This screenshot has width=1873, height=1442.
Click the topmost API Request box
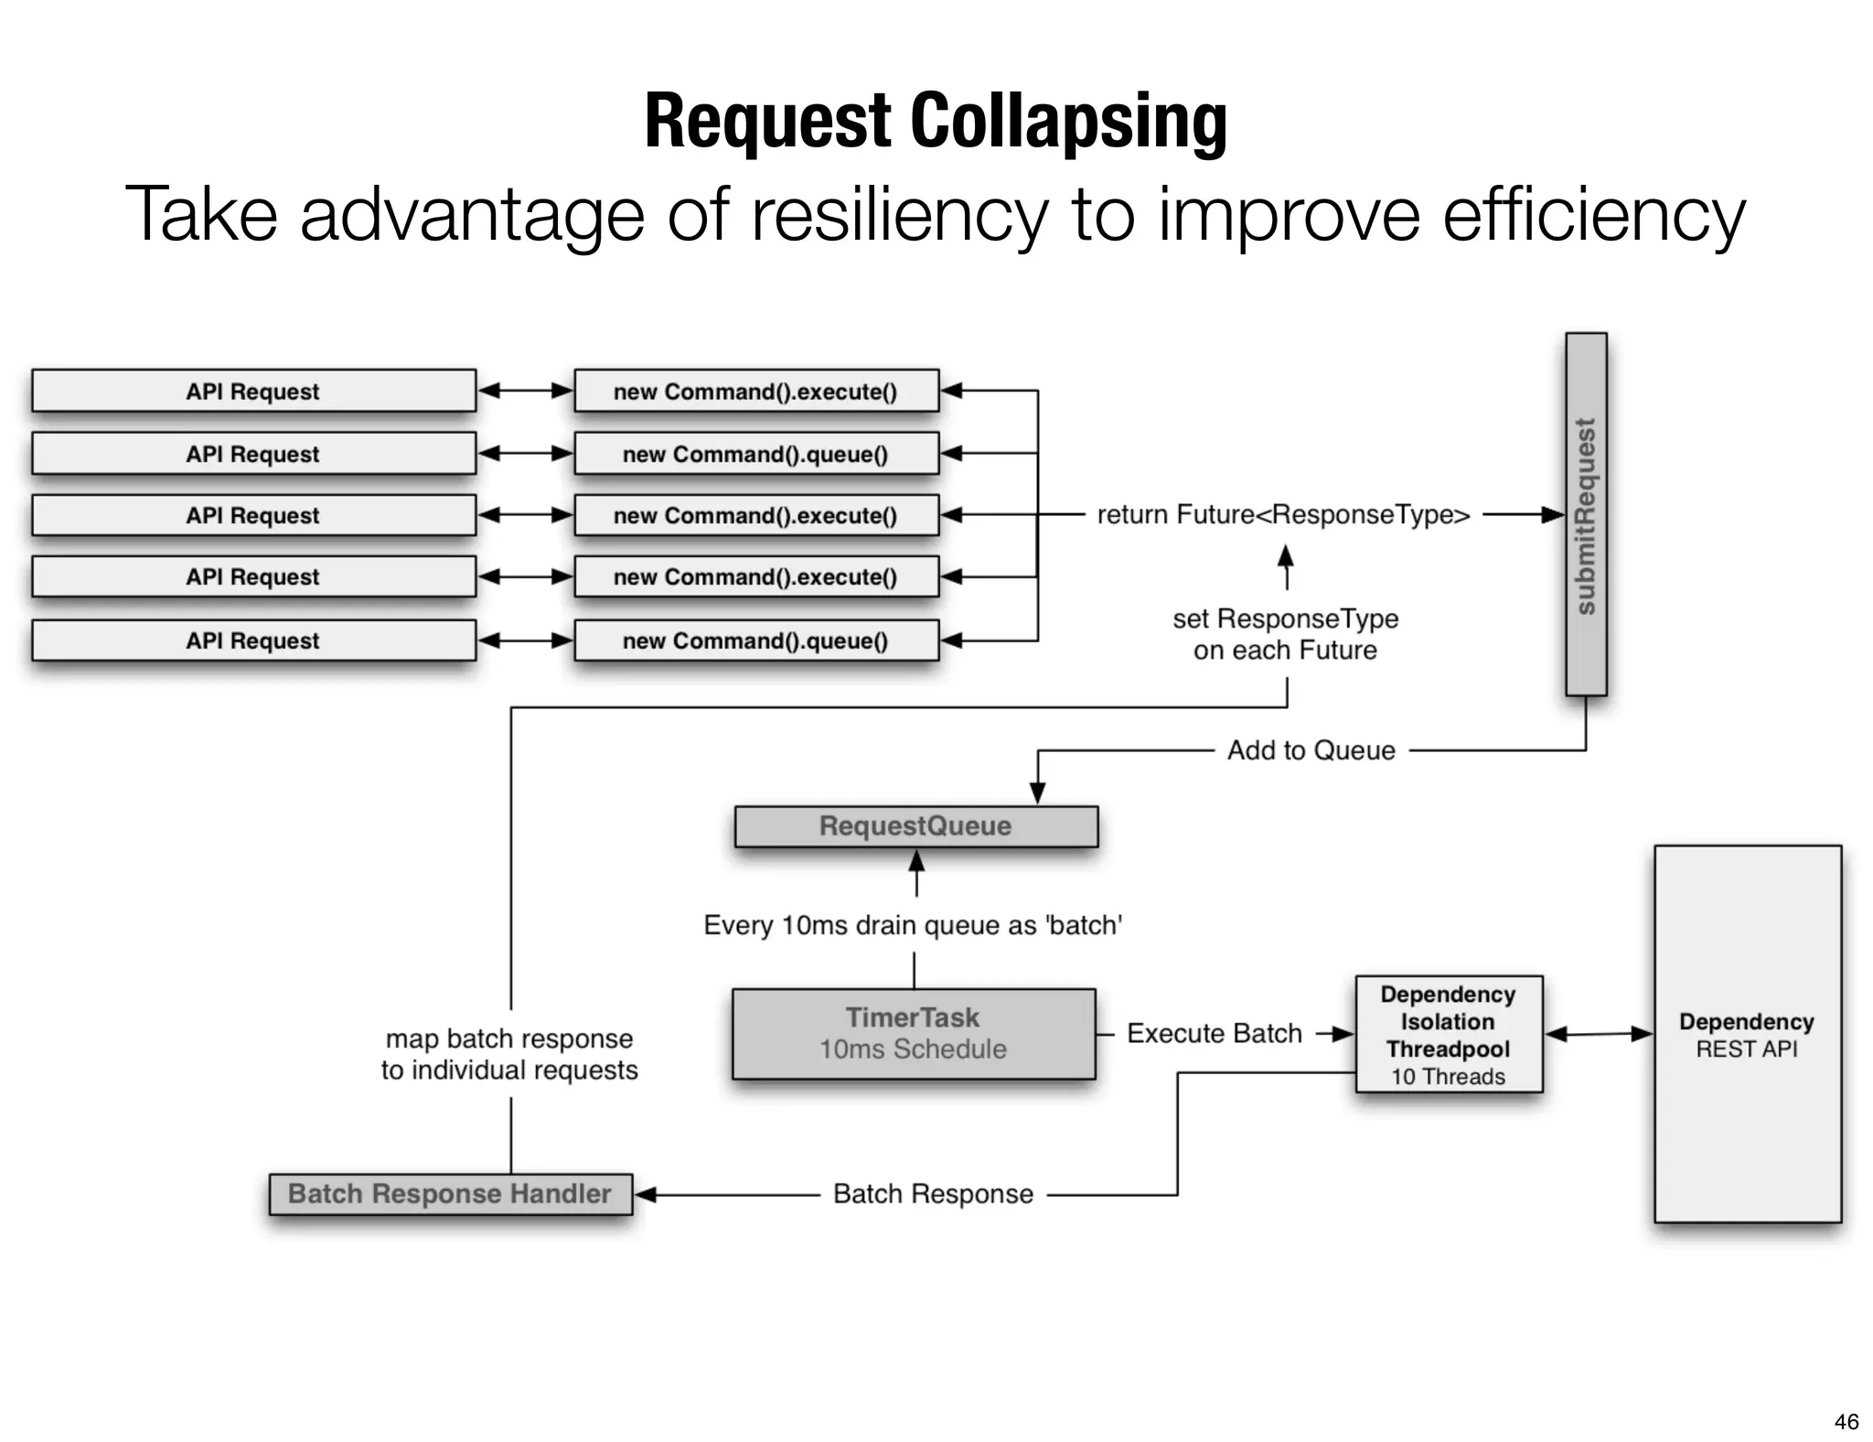pyautogui.click(x=253, y=392)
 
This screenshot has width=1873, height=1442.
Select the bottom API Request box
pyautogui.click(x=253, y=640)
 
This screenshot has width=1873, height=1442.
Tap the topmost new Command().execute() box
pyautogui.click(x=755, y=392)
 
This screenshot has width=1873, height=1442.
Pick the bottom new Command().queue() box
pyautogui.click(x=755, y=640)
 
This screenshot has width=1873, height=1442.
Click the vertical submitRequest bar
pyautogui.click(x=1585, y=514)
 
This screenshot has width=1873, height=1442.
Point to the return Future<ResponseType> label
pyautogui.click(x=1283, y=515)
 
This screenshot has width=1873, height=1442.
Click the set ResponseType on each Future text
pyautogui.click(x=1285, y=634)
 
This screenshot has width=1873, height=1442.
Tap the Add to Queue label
pyautogui.click(x=1311, y=750)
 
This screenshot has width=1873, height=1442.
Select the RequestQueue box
pyautogui.click(x=915, y=826)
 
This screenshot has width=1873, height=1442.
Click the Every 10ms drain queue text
pyautogui.click(x=913, y=925)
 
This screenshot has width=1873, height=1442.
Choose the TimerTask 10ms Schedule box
pyautogui.click(x=913, y=1034)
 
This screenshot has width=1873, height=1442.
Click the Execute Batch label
pyautogui.click(x=1214, y=1034)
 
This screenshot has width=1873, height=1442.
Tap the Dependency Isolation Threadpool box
pyautogui.click(x=1448, y=1035)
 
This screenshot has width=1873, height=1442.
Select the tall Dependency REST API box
pyautogui.click(x=1747, y=1034)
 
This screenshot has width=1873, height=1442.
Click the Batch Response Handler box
pyautogui.click(x=450, y=1194)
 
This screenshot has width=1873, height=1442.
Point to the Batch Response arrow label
pyautogui.click(x=933, y=1194)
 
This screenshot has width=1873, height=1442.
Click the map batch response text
pyautogui.click(x=509, y=1054)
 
